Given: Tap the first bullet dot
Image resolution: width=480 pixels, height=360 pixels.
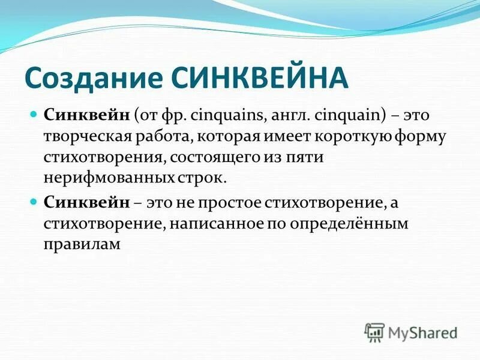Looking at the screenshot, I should (x=34, y=114).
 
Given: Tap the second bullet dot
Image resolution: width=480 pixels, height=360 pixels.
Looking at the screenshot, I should (x=34, y=202).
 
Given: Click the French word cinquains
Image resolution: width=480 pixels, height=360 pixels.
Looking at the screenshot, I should (x=231, y=115).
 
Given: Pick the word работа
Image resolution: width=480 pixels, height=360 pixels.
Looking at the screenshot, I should (x=162, y=136).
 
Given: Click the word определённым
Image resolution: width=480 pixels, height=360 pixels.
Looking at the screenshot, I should (x=350, y=224).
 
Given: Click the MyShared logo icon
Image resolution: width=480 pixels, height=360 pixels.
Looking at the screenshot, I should (x=374, y=331).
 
